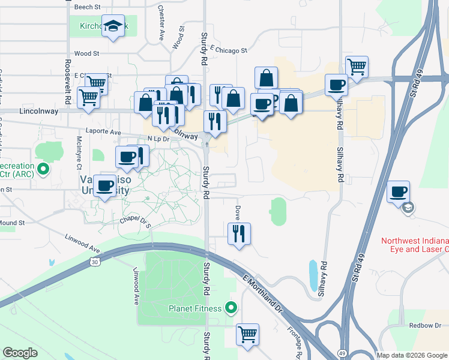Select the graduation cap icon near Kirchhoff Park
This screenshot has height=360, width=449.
click(112, 26)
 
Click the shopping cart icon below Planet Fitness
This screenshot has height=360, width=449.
click(247, 334)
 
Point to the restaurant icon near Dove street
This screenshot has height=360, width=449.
click(239, 233)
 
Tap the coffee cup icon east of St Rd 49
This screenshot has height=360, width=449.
click(399, 192)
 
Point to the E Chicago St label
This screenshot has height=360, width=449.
click(229, 51)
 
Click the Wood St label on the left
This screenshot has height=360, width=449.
click(86, 53)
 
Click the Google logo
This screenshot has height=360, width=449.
click(20, 353)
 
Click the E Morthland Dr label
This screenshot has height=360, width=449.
click(262, 294)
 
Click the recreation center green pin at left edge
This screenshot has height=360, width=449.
click(43, 169)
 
